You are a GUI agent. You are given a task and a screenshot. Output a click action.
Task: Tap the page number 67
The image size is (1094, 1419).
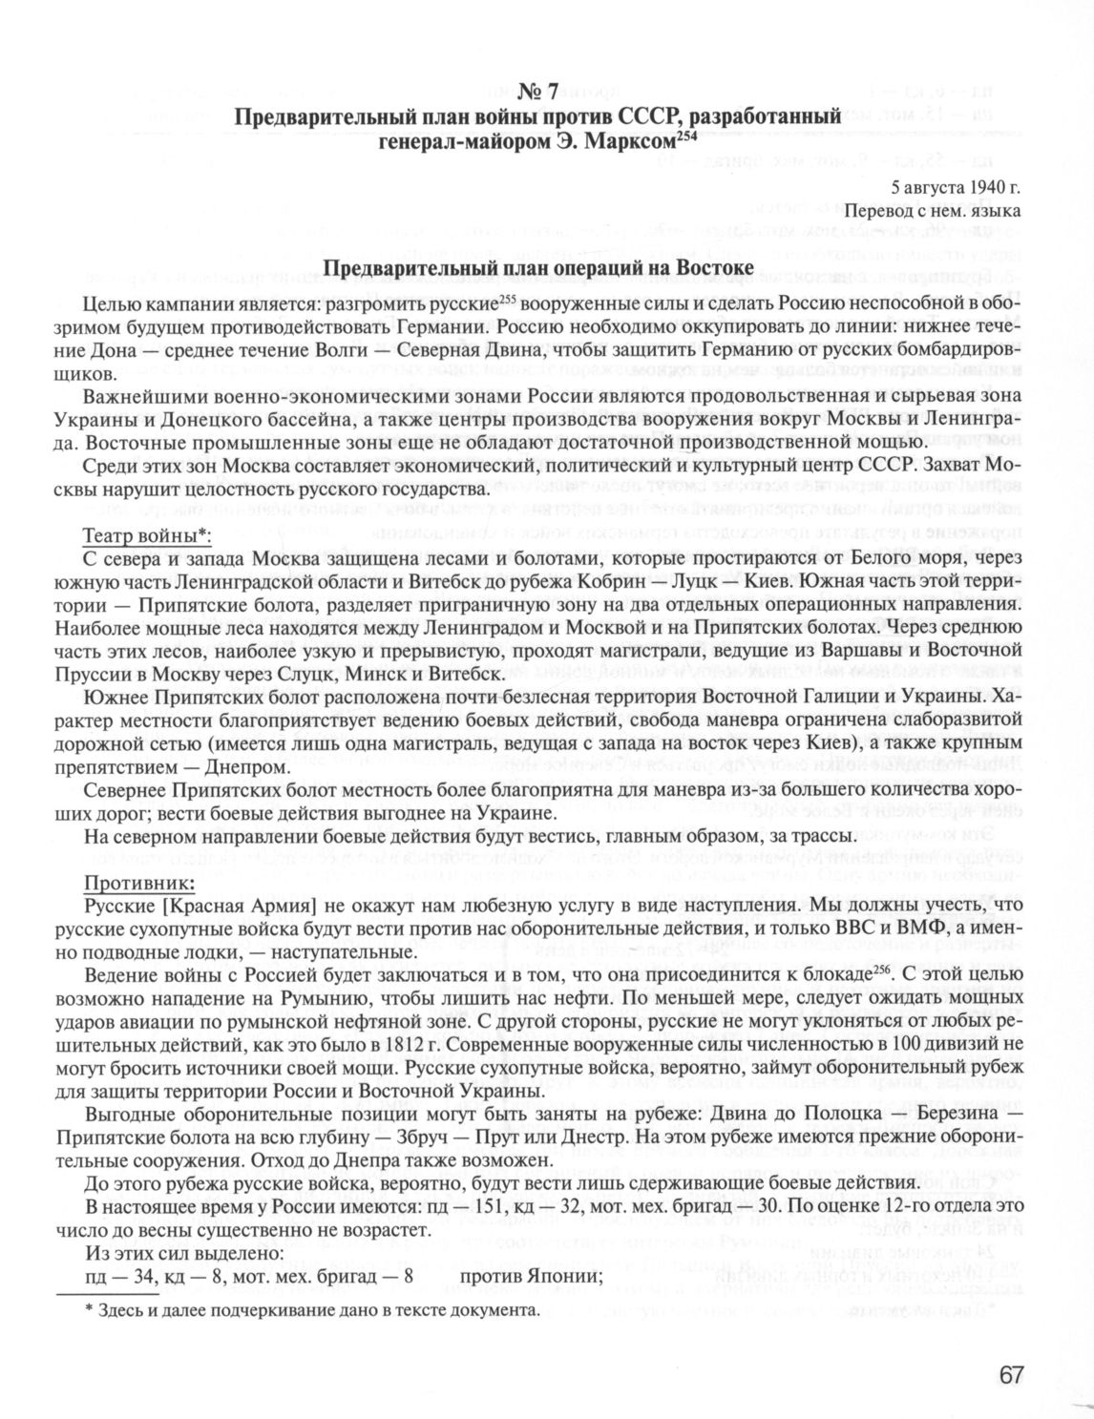(x=1012, y=1374)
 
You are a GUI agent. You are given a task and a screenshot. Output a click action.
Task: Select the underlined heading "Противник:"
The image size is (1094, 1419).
(x=138, y=879)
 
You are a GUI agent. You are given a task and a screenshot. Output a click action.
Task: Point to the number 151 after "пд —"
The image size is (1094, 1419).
(x=464, y=1207)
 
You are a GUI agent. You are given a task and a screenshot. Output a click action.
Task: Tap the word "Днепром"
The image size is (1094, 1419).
(x=236, y=766)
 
